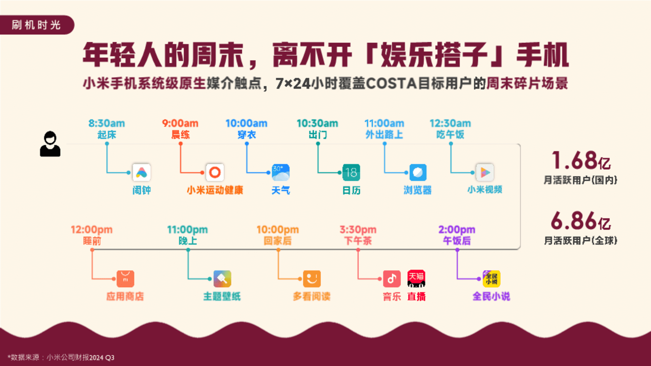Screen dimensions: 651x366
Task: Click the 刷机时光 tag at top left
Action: click(37, 25)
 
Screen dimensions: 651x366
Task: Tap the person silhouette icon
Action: click(50, 144)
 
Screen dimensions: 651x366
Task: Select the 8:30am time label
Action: click(107, 123)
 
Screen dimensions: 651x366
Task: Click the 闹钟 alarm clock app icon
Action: click(141, 172)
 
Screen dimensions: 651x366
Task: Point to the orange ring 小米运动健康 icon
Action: click(215, 172)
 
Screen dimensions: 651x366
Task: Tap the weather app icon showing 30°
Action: click(281, 172)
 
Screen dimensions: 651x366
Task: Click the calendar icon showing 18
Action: click(351, 172)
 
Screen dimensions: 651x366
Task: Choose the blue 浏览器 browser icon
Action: click(418, 172)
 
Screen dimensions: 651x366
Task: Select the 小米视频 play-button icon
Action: click(485, 172)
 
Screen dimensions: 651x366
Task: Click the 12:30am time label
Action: click(450, 123)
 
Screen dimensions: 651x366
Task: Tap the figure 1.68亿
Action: click(581, 160)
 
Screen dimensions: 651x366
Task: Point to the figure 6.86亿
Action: click(581, 221)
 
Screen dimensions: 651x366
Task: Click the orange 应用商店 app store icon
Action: click(125, 279)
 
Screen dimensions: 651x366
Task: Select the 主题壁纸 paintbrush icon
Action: click(222, 279)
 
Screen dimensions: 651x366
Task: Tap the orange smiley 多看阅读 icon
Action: click(312, 279)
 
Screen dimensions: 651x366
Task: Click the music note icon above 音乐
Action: click(392, 279)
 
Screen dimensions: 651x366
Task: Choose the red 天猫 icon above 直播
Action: click(416, 279)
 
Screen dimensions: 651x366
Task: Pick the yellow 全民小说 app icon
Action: click(492, 279)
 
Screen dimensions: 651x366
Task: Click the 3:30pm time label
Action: click(358, 230)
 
